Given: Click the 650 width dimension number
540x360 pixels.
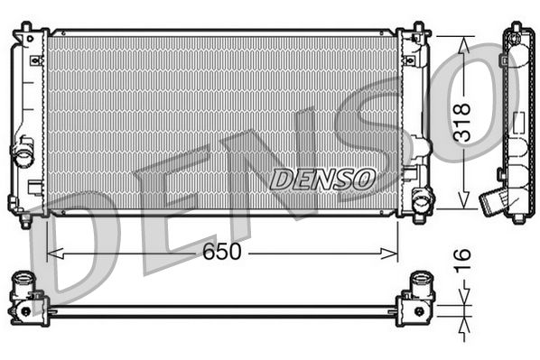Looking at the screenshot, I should click(x=222, y=252).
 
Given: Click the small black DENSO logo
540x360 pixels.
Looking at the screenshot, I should click(x=322, y=179).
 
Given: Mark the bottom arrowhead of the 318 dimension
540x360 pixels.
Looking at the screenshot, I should click(x=462, y=206).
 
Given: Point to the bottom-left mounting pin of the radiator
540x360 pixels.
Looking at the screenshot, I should click(x=24, y=219).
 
